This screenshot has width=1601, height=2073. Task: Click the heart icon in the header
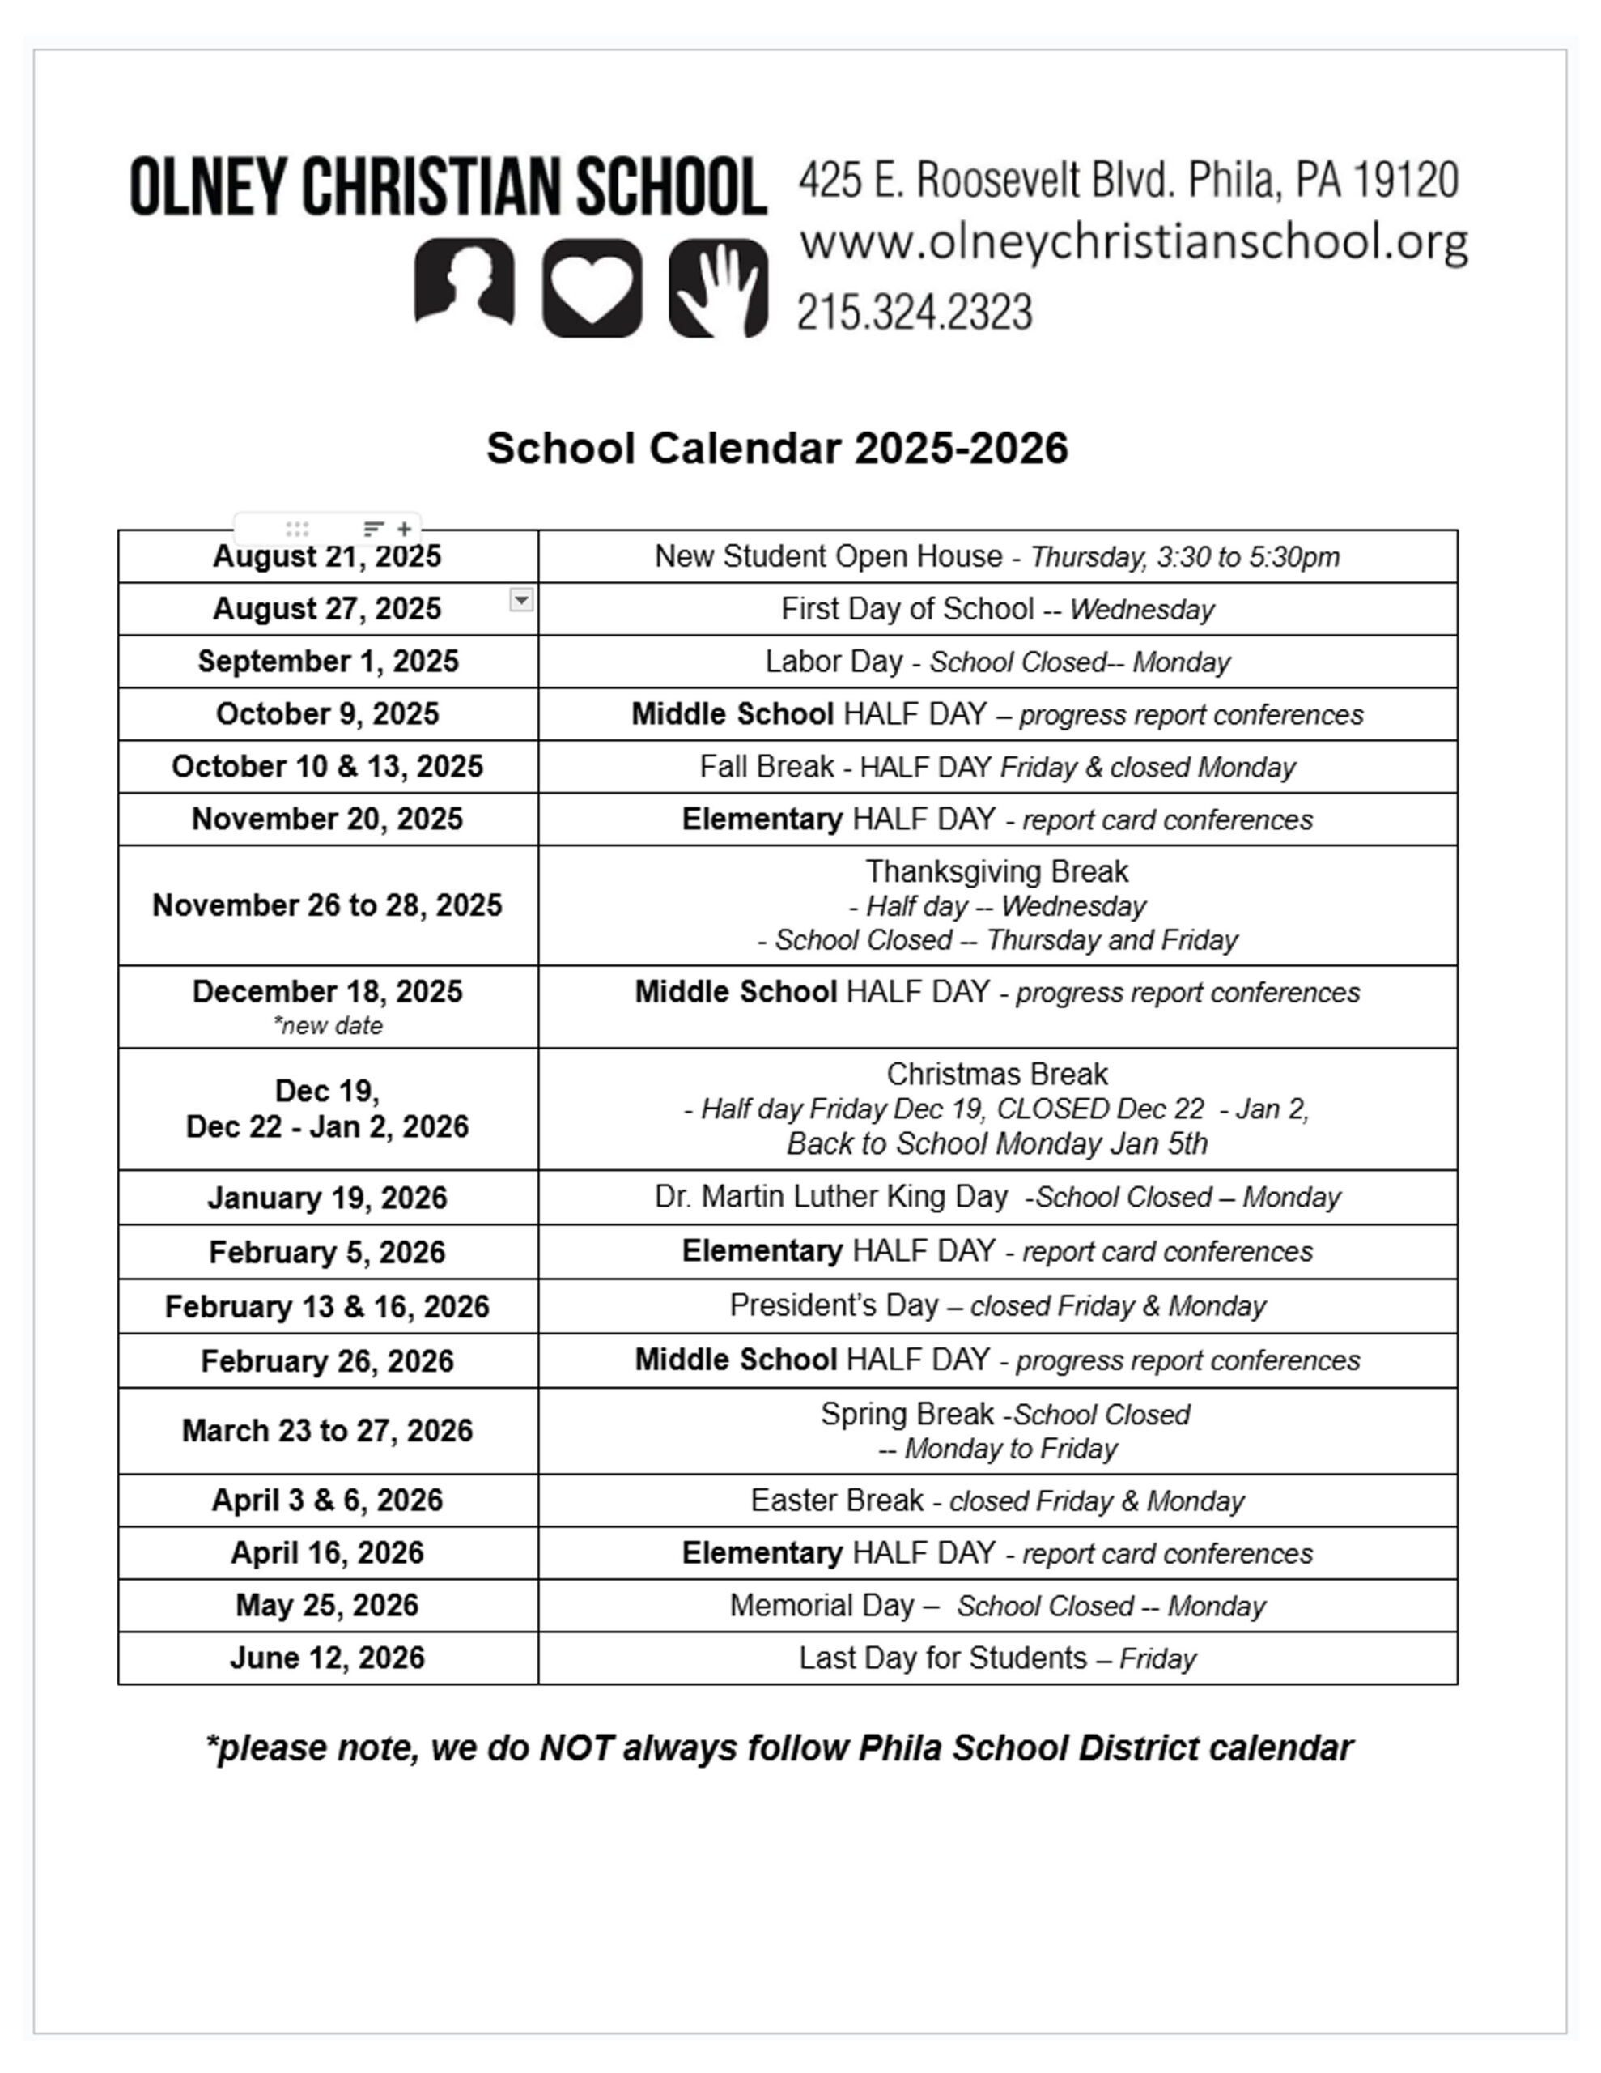click(x=592, y=287)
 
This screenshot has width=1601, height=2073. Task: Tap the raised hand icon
click(x=719, y=287)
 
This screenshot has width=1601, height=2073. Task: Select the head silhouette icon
click(x=464, y=283)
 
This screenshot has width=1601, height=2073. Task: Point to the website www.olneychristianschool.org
click(x=1133, y=243)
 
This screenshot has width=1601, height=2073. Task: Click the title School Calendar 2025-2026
click(x=777, y=448)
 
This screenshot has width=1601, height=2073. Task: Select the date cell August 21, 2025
click(x=328, y=556)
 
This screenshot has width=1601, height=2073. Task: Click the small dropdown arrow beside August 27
click(x=521, y=600)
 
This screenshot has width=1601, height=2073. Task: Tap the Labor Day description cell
click(x=997, y=662)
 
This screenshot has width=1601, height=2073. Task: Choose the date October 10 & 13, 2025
click(x=328, y=766)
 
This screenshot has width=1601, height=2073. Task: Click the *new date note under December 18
click(x=328, y=1025)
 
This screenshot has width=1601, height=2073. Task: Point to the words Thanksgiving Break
click(x=997, y=871)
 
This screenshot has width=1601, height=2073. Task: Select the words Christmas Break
click(x=997, y=1074)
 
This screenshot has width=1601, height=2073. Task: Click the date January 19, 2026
click(x=328, y=1198)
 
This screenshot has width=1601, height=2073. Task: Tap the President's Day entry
click(x=997, y=1306)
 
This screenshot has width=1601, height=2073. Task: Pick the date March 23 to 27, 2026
click(x=328, y=1430)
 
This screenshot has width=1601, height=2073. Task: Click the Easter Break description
click(x=997, y=1500)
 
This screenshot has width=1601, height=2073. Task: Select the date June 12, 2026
click(x=328, y=1658)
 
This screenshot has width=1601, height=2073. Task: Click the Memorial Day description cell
click(x=997, y=1606)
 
